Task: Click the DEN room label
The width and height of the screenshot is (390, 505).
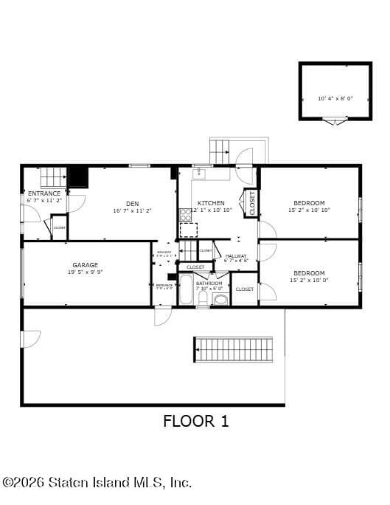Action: (132, 204)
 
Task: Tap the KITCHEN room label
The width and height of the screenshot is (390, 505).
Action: (211, 203)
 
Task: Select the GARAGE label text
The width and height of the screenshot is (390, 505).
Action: (85, 265)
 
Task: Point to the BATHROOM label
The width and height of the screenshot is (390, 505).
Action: (209, 284)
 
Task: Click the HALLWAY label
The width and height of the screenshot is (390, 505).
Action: (237, 256)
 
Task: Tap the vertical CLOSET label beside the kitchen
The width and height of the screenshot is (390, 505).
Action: (251, 203)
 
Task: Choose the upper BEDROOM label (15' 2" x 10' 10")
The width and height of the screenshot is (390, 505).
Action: (309, 203)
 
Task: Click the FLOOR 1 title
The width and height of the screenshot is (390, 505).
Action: (195, 422)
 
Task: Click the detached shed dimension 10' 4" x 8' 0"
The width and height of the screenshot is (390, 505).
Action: (335, 98)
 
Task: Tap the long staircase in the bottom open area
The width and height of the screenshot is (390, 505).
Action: (233, 349)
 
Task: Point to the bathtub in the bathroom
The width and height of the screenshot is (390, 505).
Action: (185, 291)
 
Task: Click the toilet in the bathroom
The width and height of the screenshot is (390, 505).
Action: (220, 299)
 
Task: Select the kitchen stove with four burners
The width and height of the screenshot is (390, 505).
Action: (186, 215)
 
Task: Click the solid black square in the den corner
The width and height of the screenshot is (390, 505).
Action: (77, 177)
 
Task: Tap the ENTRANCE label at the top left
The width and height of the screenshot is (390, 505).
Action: (44, 193)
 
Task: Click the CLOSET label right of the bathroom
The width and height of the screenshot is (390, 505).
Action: (245, 289)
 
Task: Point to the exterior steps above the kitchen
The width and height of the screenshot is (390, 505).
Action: (220, 151)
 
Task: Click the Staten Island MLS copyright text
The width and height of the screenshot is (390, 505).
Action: (97, 482)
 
